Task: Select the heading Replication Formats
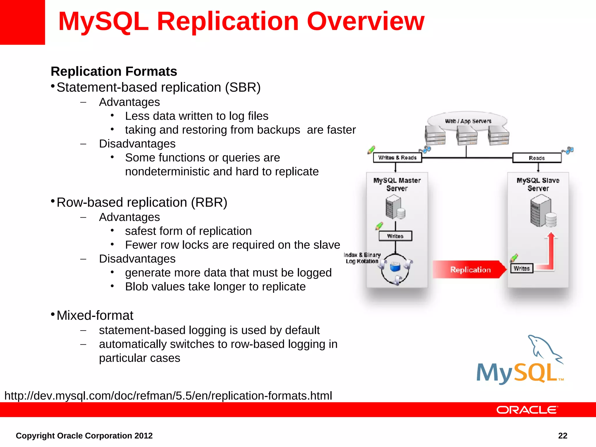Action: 114,71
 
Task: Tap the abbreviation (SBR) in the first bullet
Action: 243,87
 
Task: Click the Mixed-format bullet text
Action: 95,315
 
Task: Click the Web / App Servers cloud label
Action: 468,121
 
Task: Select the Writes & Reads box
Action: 397,158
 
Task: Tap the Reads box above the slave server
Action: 537,158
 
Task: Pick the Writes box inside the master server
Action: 395,236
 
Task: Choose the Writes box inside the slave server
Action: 521,268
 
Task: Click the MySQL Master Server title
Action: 397,184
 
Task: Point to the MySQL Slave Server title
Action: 538,184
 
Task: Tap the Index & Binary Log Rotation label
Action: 363,258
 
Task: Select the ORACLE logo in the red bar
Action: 527,410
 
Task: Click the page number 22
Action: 563,436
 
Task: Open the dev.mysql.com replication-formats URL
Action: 168,396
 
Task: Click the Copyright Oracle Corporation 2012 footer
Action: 84,436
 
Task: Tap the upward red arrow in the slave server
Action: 551,250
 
